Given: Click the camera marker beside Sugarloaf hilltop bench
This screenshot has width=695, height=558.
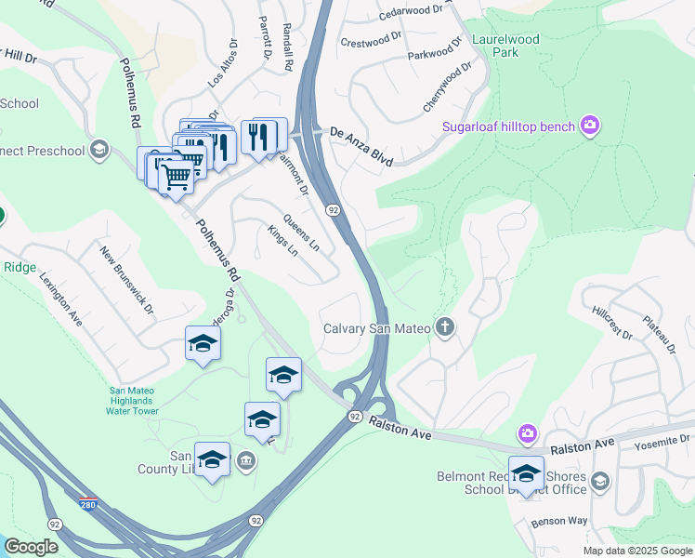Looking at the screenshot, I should pos(589,125).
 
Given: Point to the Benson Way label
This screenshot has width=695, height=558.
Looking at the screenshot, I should pos(559,522).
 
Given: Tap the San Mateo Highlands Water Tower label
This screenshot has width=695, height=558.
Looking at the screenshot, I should pos(135,401).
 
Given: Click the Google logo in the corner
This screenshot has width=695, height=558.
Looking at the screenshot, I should pos(31,546).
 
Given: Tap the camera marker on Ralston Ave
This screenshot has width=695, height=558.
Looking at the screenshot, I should pos(528,433).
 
